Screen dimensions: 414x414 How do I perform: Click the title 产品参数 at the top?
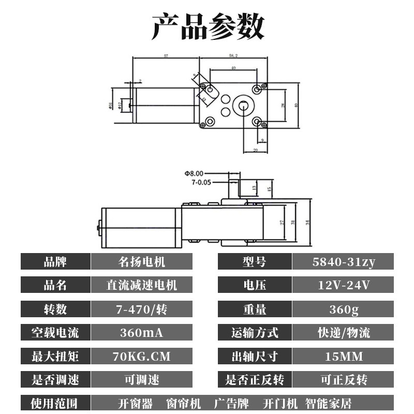click(208, 27)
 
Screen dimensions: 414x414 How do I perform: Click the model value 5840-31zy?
click(343, 262)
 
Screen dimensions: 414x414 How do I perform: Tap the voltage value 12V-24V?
click(343, 285)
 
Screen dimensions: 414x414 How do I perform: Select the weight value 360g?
click(343, 309)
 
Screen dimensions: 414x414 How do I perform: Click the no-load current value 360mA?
click(141, 333)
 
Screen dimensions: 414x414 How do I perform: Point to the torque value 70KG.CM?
click(141, 357)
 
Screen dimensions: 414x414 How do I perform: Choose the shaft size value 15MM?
click(343, 357)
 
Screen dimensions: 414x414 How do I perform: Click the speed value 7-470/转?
click(141, 309)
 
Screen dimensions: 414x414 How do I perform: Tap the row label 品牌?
click(55, 262)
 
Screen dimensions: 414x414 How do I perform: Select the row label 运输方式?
click(255, 333)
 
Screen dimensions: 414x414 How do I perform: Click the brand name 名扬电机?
click(141, 262)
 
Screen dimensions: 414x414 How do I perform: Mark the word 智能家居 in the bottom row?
click(329, 403)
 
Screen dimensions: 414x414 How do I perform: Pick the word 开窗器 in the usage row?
click(136, 403)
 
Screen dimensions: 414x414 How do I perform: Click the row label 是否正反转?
click(255, 380)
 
